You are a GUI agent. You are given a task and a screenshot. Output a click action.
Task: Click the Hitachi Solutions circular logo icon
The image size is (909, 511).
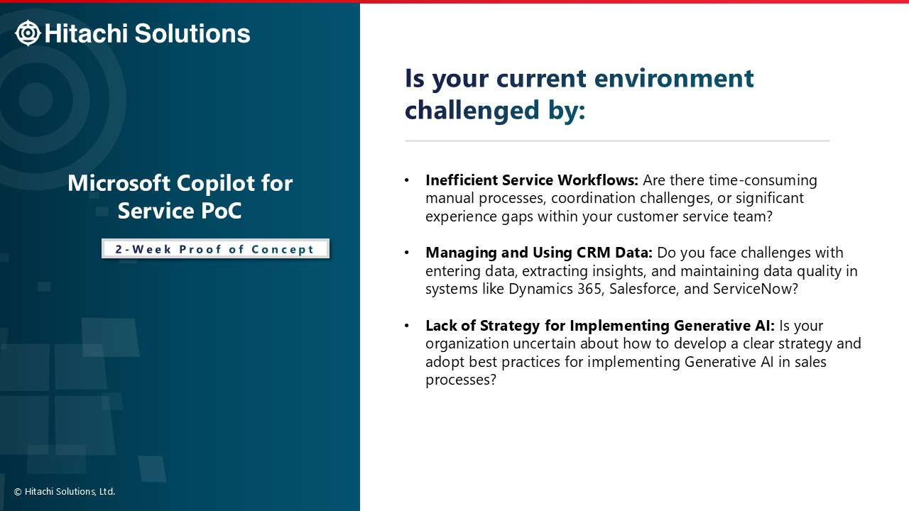pyautogui.click(x=28, y=33)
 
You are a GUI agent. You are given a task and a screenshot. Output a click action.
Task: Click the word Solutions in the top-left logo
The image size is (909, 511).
pyautogui.click(x=192, y=33)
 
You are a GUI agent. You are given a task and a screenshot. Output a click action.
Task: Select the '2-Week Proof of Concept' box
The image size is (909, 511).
pyautogui.click(x=215, y=248)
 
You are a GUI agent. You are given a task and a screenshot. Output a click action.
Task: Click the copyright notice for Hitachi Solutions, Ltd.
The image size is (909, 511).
pyautogui.click(x=65, y=492)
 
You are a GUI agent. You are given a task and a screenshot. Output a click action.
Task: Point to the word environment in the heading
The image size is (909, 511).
pyautogui.click(x=674, y=78)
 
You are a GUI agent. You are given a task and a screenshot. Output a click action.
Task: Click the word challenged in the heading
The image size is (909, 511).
pyautogui.click(x=472, y=110)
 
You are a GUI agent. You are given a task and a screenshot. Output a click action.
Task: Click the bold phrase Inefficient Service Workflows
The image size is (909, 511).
pyautogui.click(x=532, y=180)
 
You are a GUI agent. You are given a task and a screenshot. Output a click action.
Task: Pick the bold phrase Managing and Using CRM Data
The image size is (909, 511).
pyautogui.click(x=539, y=253)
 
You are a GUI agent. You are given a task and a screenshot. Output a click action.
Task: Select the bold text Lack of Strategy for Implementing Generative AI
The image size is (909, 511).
pyautogui.click(x=600, y=325)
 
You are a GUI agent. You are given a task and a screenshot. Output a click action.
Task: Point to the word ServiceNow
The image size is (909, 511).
pyautogui.click(x=755, y=289)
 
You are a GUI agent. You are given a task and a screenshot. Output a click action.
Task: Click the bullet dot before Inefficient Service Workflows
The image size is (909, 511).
pyautogui.click(x=407, y=180)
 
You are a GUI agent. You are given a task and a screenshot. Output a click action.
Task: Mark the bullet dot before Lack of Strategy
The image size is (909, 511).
pyautogui.click(x=407, y=325)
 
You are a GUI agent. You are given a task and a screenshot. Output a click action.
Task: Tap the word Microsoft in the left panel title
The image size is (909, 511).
pyautogui.click(x=119, y=183)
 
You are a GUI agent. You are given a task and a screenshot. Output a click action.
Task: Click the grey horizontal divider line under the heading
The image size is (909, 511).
pyautogui.click(x=617, y=141)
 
